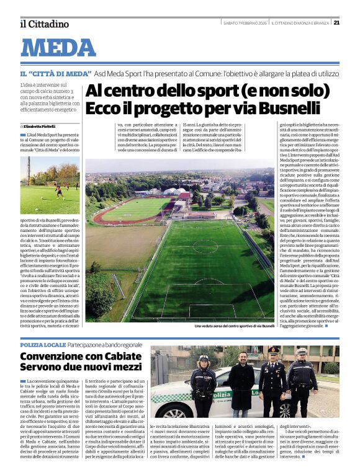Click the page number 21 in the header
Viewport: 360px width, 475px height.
(x=336, y=23)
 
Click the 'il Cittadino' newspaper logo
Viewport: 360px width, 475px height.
(x=43, y=24)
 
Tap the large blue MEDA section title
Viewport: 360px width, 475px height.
(x=59, y=48)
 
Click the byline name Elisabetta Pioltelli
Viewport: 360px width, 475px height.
(x=41, y=127)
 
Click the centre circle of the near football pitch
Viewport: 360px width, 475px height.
(x=205, y=247)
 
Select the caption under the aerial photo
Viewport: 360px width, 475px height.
(x=234, y=326)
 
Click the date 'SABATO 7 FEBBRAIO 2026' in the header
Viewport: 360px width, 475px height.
(x=245, y=24)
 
